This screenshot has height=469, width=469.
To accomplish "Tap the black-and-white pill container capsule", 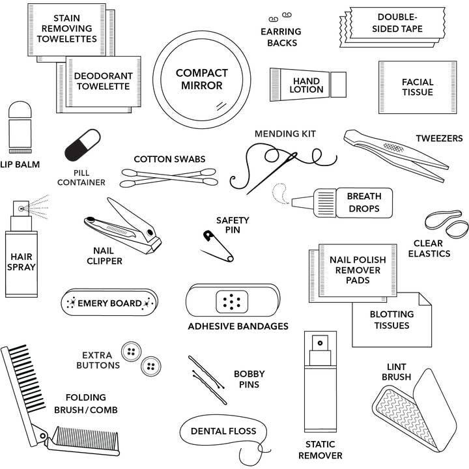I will point(83,145).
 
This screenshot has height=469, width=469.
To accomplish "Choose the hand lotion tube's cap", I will point(338,84).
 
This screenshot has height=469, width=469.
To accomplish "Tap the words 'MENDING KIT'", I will point(285,134).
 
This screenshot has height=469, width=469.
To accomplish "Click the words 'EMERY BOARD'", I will point(109,303).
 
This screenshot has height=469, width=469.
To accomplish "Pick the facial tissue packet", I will point(417,87).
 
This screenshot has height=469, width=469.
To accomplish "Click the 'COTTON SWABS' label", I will point(169,159).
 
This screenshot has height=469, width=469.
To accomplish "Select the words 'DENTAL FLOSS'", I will point(223,431).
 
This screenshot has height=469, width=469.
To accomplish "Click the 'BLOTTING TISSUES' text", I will point(391,320).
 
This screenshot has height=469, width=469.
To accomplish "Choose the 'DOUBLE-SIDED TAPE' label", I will point(399,23).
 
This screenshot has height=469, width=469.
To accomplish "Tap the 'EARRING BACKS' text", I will point(281,37).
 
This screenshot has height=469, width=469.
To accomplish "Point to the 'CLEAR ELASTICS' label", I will point(429,248).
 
